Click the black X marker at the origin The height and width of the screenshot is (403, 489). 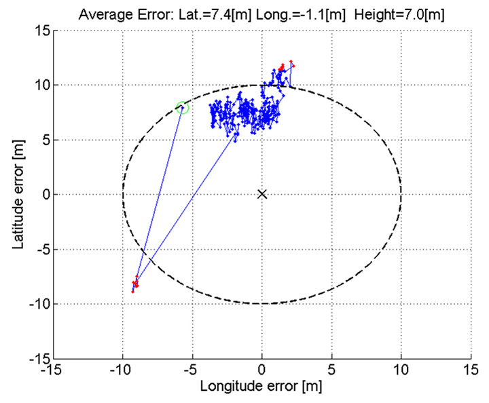(x=262, y=194)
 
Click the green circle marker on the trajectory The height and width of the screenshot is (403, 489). (x=182, y=108)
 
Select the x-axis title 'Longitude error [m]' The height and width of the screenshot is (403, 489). (x=261, y=387)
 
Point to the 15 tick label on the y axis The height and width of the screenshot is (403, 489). (x=41, y=31)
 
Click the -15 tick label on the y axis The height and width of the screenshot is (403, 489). (x=38, y=358)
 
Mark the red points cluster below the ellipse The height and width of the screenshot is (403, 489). (x=135, y=283)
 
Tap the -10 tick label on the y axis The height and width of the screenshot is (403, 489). (x=38, y=304)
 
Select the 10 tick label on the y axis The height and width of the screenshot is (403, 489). (x=41, y=85)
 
